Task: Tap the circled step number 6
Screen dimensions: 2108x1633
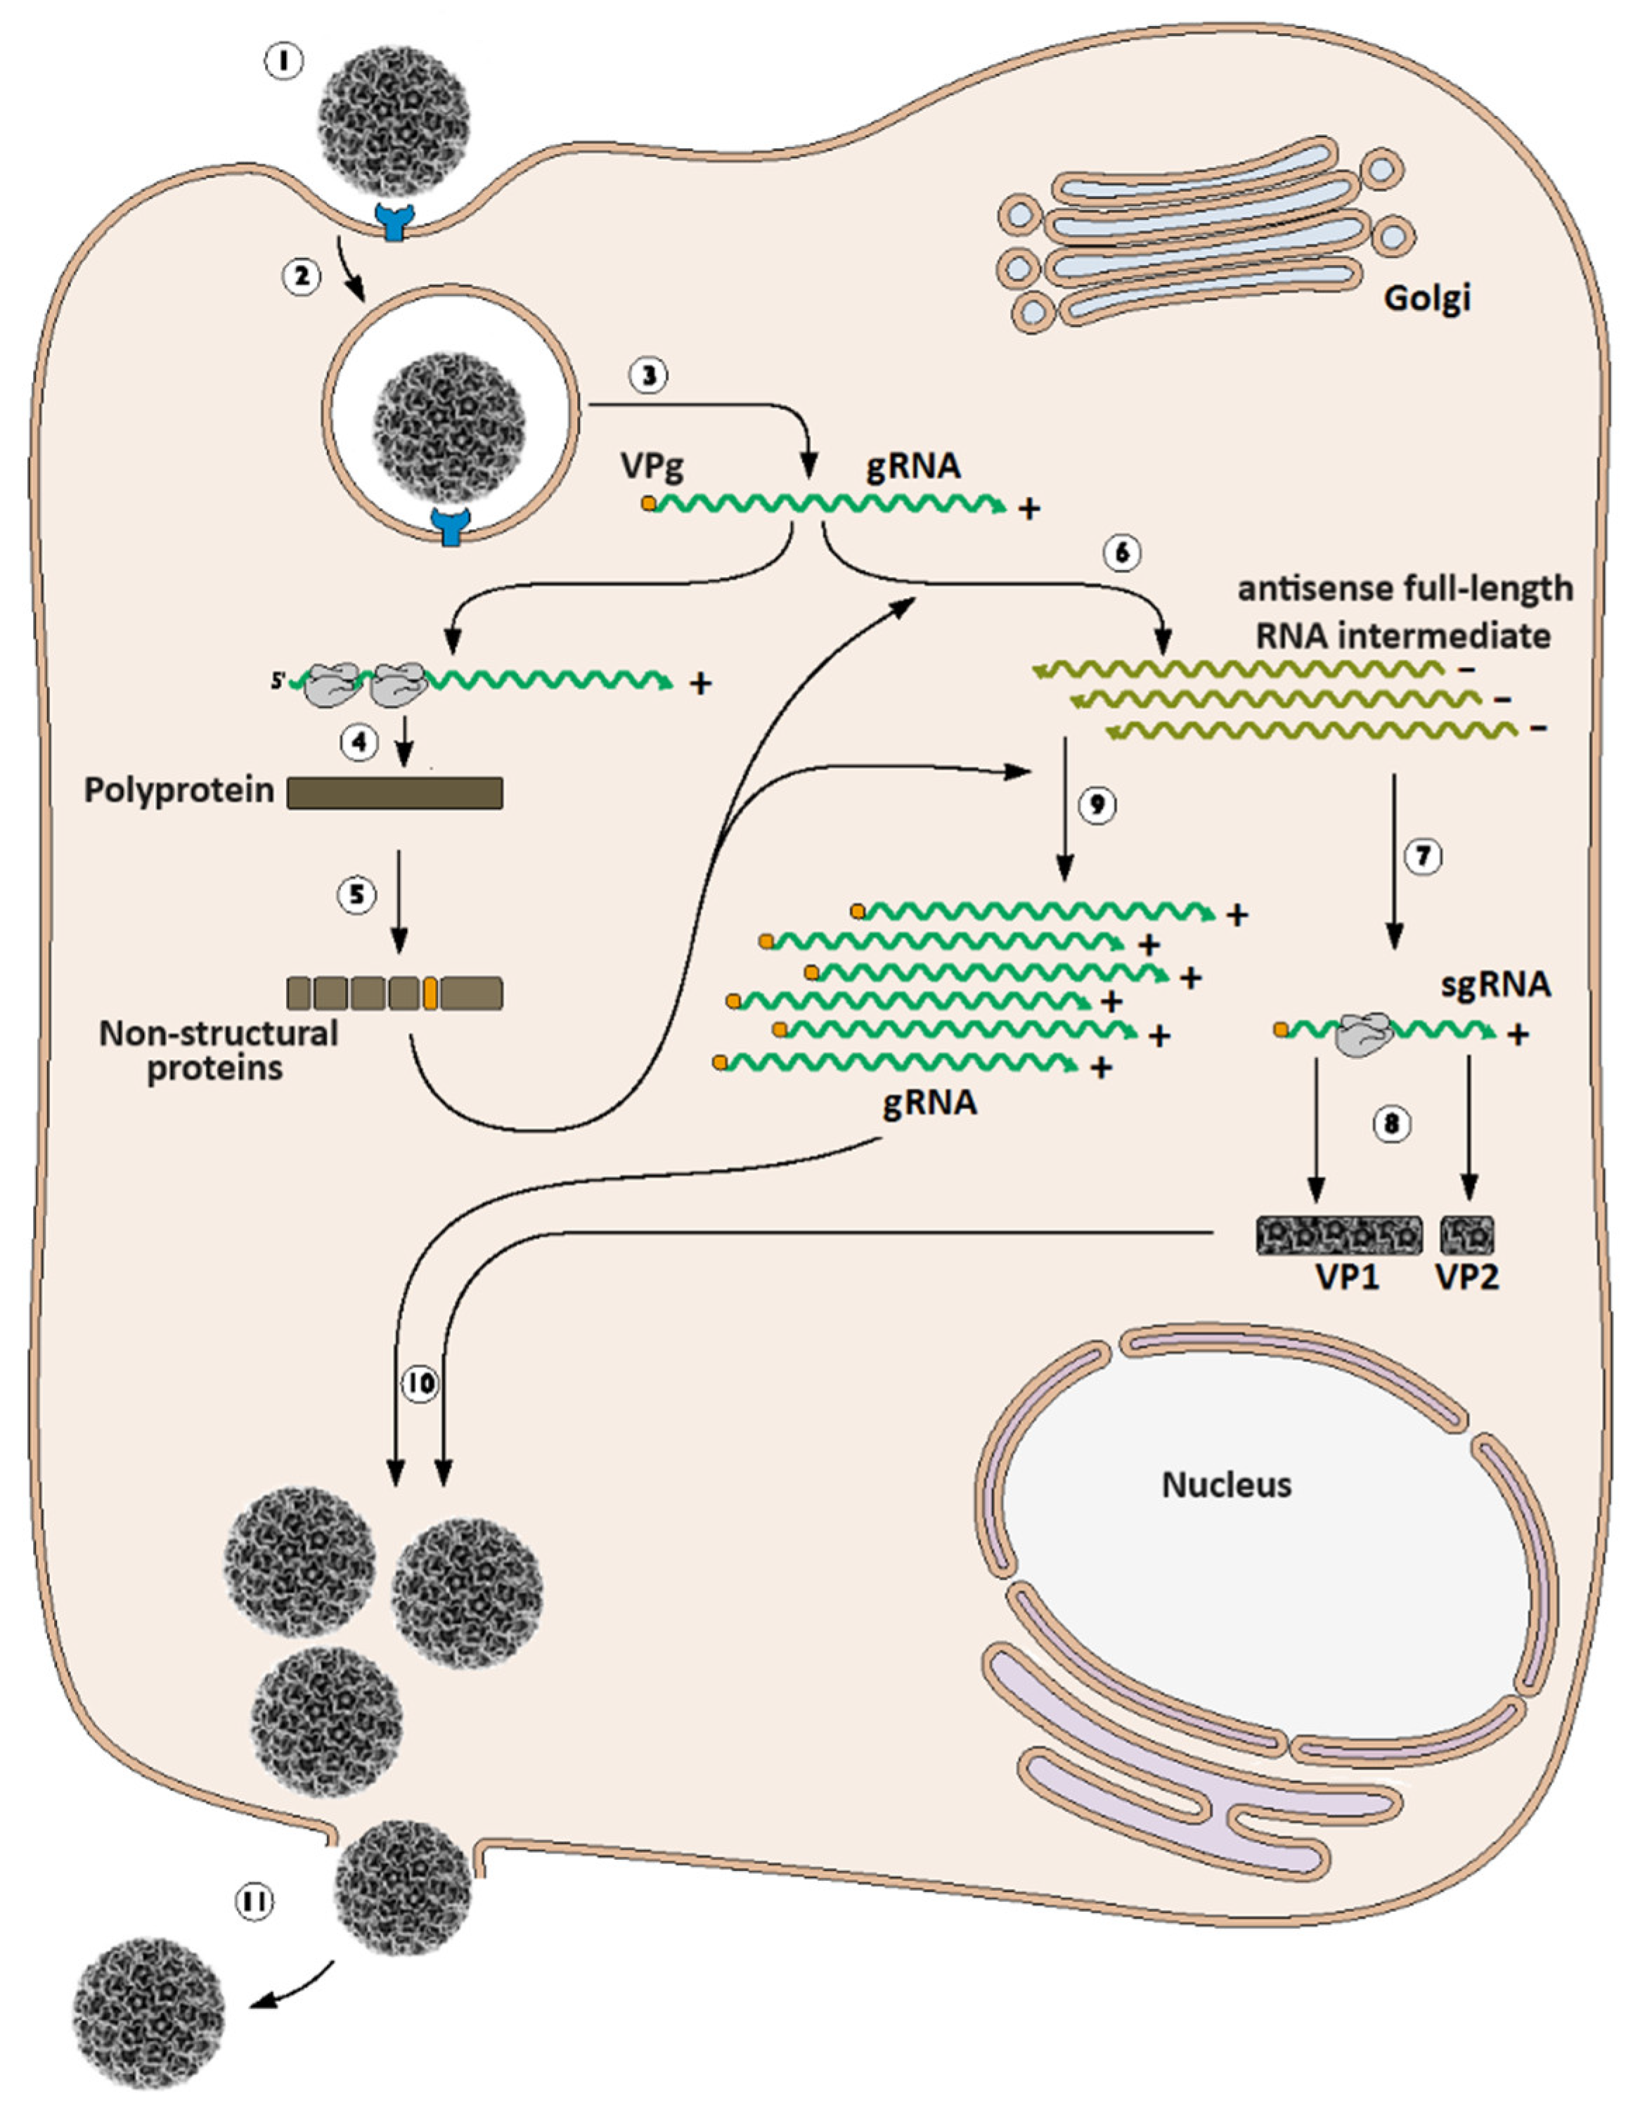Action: click(x=1121, y=553)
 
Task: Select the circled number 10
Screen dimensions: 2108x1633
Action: click(x=419, y=1384)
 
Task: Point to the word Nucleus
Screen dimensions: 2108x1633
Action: click(x=1226, y=1484)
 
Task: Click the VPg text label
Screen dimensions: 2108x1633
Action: click(x=652, y=467)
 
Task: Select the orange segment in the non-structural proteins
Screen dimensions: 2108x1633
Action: click(x=430, y=992)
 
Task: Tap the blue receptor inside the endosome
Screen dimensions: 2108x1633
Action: click(x=451, y=528)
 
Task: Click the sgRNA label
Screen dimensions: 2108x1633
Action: click(x=1495, y=985)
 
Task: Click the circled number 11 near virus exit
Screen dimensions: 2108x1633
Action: click(x=254, y=1901)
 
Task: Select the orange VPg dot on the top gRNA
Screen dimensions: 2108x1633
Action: click(x=649, y=503)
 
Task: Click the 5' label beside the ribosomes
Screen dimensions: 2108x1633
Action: click(x=278, y=681)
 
